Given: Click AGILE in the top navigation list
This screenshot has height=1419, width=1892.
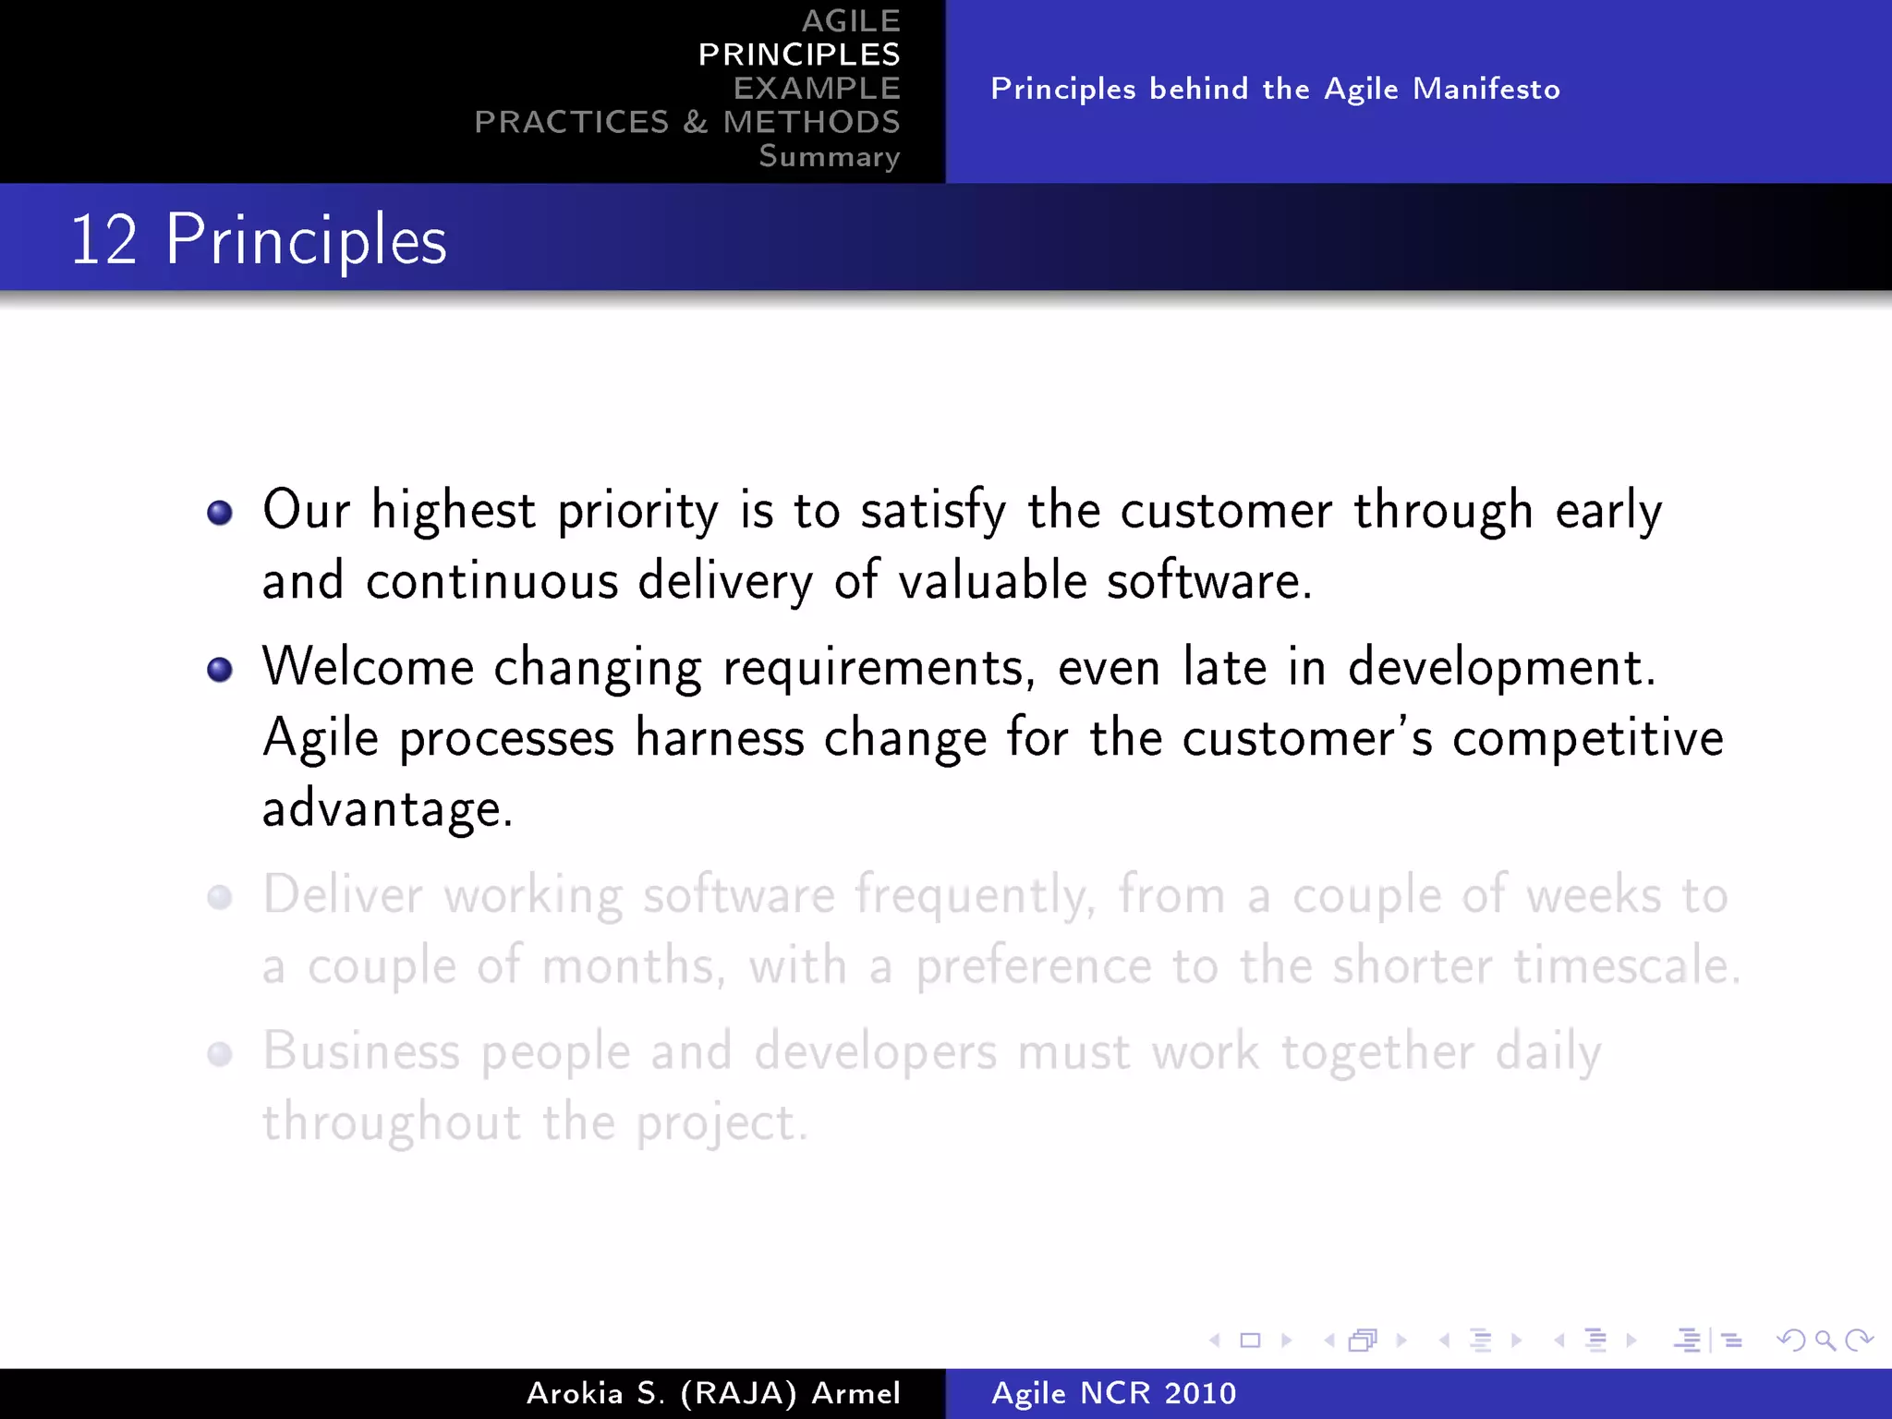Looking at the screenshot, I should point(850,20).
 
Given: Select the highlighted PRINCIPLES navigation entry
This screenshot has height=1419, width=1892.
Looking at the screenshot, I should point(798,55).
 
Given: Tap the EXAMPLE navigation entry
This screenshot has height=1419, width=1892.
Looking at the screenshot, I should point(816,88).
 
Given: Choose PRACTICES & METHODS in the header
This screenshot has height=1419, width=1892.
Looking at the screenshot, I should point(686,122).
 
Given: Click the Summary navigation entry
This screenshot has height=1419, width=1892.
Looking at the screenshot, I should point(829,156).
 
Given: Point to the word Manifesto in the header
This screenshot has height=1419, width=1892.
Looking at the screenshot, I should point(1486,89).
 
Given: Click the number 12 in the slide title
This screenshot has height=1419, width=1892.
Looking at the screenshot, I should point(103,240).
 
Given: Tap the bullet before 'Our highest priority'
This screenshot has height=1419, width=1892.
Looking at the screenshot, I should point(220,512).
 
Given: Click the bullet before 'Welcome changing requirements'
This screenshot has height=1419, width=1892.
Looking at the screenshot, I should point(220,669).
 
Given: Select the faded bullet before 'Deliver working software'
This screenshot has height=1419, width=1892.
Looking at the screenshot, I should point(220,897).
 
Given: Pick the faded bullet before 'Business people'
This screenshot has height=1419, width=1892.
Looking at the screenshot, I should point(220,1054).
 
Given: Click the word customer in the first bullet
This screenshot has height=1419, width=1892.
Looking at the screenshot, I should point(1226,511).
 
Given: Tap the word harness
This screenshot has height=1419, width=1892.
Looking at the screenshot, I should point(719,738).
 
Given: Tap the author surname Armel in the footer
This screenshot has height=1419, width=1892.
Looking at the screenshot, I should point(855,1393).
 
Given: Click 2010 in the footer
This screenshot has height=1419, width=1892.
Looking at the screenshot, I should point(1199,1393).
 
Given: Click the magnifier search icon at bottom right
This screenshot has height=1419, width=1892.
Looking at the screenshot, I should point(1825,1340).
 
